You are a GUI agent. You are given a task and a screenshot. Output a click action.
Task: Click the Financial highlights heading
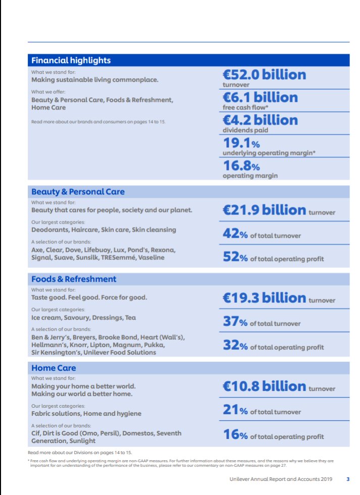point(71,61)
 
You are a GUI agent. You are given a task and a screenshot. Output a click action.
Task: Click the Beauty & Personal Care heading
point(78,192)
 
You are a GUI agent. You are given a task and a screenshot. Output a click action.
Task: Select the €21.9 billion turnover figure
point(264,210)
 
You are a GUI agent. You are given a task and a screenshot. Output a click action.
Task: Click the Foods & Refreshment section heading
point(74,279)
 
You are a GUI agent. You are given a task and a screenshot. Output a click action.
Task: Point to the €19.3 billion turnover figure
point(264,298)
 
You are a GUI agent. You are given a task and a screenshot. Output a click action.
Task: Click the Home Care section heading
point(54,368)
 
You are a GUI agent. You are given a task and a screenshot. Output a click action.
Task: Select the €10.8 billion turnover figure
point(264,387)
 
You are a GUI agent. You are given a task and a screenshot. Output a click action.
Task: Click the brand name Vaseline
point(150,258)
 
